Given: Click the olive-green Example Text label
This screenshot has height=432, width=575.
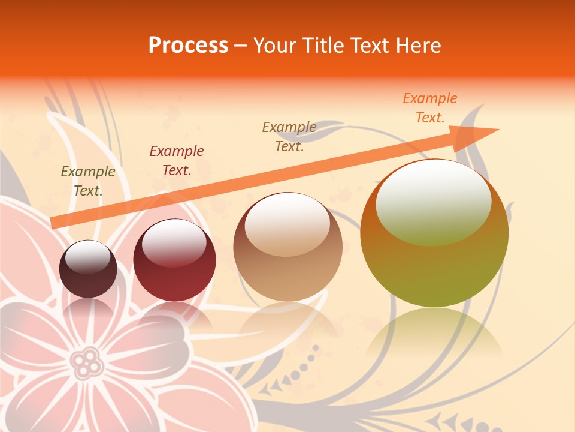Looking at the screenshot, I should click(x=88, y=181).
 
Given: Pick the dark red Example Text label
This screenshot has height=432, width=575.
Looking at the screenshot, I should click(x=177, y=161).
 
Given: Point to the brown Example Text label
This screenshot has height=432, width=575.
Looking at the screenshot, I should click(x=289, y=137).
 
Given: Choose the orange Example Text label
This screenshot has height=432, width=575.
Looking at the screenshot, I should click(x=430, y=108).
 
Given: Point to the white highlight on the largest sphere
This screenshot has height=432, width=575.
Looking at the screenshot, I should click(x=434, y=202).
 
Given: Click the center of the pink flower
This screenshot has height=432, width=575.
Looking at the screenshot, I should click(x=87, y=361).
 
